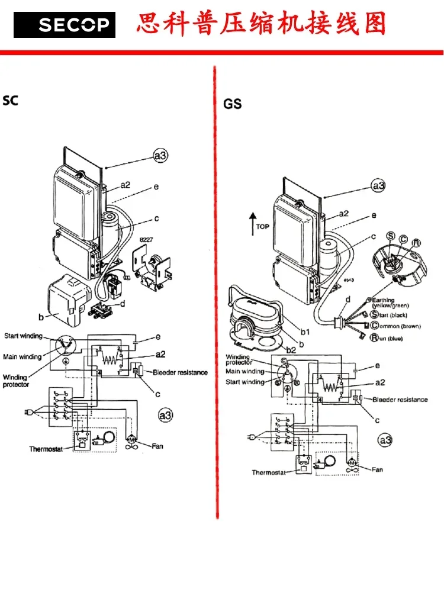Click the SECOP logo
click(x=65, y=25)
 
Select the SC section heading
click(x=11, y=101)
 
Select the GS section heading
click(x=233, y=104)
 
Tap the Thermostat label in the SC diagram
click(x=46, y=449)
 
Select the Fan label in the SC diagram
click(x=157, y=446)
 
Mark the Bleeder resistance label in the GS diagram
click(x=400, y=400)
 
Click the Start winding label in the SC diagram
click(x=24, y=336)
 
